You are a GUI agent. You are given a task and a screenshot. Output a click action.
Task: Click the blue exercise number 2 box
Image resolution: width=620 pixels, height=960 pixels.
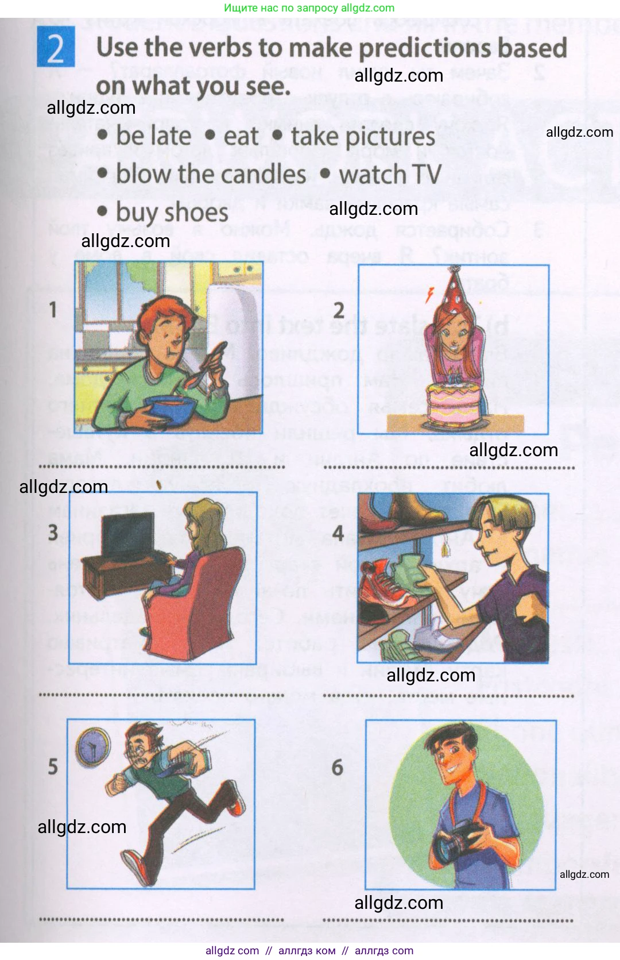tap(56, 47)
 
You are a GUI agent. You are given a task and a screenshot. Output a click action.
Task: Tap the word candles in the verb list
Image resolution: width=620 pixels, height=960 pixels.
tap(270, 174)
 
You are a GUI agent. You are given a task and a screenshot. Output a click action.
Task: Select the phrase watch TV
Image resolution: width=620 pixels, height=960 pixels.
tap(390, 175)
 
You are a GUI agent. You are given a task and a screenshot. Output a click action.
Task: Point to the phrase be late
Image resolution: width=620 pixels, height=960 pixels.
tap(154, 136)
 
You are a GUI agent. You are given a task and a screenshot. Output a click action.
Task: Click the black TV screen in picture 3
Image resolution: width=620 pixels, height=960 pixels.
tap(127, 534)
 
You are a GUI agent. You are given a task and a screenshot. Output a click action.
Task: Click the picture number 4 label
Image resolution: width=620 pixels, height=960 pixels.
tap(338, 534)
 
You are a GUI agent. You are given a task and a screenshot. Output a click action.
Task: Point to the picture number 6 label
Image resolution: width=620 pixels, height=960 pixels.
tap(338, 767)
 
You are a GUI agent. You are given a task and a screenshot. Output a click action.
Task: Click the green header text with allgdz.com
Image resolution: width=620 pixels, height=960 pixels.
tap(309, 8)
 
